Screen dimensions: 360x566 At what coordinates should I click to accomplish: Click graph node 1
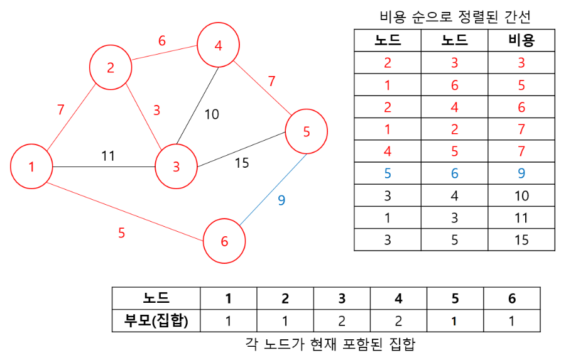tap(31, 166)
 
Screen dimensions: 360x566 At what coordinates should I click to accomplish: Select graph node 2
tap(111, 67)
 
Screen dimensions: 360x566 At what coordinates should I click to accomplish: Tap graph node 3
tap(177, 166)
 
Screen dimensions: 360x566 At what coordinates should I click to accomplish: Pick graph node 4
tap(218, 46)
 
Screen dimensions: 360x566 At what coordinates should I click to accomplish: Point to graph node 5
tap(307, 131)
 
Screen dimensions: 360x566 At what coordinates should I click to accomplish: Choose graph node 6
tap(224, 241)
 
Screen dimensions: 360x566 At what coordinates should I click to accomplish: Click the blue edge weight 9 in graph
tap(281, 200)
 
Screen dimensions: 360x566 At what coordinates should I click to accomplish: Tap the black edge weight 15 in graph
tap(242, 163)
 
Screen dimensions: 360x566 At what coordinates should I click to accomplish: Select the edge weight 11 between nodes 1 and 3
tap(108, 156)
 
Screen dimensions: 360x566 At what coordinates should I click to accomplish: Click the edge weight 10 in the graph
tap(212, 114)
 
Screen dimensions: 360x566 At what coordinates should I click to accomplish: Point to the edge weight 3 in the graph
tap(156, 110)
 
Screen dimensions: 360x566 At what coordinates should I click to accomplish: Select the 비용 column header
tap(521, 41)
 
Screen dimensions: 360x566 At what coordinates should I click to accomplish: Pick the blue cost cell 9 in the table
tap(521, 173)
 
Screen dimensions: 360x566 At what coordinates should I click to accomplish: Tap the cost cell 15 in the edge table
tap(521, 240)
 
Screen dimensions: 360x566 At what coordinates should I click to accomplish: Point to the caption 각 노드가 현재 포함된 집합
tap(330, 345)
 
